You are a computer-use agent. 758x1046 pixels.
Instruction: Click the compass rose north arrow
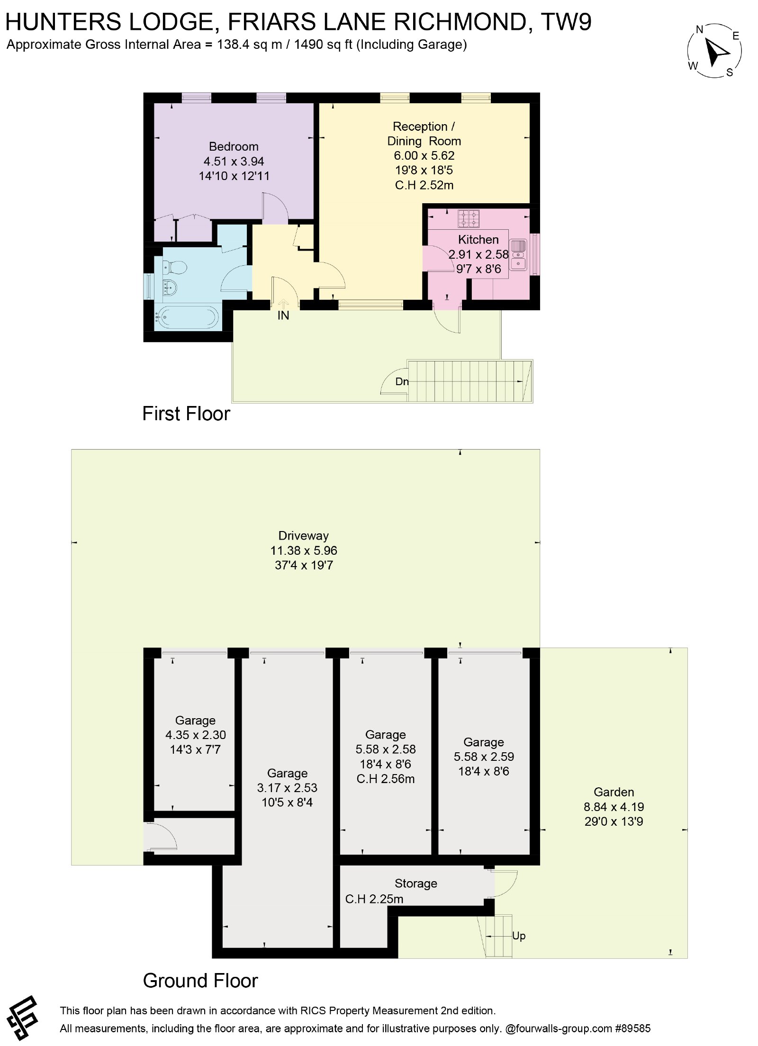[x=717, y=52]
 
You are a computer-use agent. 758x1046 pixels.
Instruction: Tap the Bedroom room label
[x=234, y=146]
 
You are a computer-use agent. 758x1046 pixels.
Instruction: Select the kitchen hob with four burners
[x=468, y=219]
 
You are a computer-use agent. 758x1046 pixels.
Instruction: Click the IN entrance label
[x=283, y=316]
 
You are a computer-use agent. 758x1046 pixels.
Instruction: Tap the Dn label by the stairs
[x=402, y=381]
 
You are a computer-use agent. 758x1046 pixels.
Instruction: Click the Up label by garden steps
[x=519, y=936]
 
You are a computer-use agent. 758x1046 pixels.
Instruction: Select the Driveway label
[x=304, y=536]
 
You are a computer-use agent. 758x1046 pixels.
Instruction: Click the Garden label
[x=614, y=792]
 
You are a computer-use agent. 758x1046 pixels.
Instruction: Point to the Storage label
[x=416, y=883]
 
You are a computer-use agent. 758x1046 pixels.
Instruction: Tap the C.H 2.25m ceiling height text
[x=374, y=899]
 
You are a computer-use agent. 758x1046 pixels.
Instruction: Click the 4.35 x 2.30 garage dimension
[x=196, y=735]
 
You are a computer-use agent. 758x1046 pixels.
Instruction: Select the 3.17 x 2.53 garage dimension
[x=287, y=787]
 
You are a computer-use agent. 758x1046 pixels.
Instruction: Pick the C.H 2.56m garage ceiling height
[x=386, y=778]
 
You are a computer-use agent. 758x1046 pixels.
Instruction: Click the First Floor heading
[x=186, y=414]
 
